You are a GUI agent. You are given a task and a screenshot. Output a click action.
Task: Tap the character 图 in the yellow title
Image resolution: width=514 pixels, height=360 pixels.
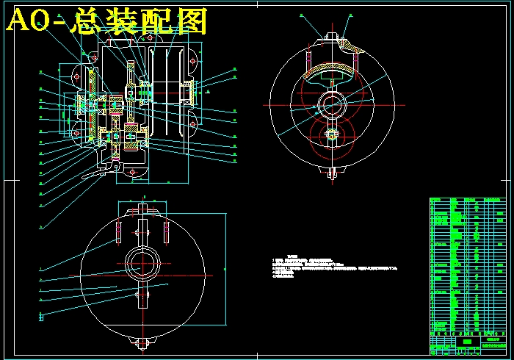pos(192,22)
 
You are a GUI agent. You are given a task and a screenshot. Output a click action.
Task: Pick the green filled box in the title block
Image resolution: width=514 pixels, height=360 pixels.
pos(464,340)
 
